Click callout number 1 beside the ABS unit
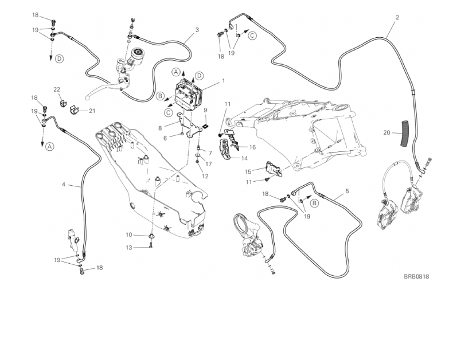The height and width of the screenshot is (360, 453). pos(222,81)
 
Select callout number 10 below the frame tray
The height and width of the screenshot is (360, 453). pos(129,235)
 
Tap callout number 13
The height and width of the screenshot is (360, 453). pos(129,247)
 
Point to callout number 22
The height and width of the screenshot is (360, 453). pos(57,89)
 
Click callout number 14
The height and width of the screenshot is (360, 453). pos(244,158)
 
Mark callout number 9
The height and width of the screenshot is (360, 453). pos(205,109)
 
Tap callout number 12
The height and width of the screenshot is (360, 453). pos(205,176)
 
